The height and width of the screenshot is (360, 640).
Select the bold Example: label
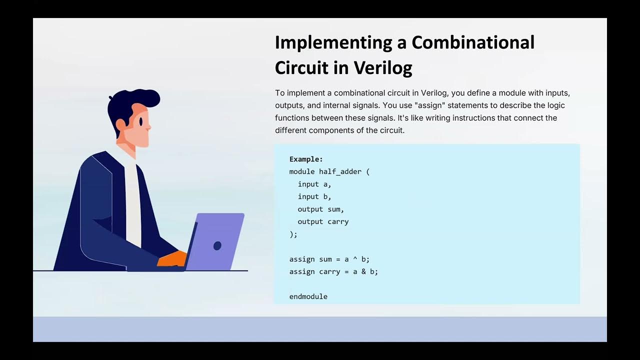pos(306,159)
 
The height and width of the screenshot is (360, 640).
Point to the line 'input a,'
pos(314,184)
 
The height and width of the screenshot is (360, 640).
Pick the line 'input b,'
pos(314,196)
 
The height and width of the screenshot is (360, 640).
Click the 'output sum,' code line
pos(320,209)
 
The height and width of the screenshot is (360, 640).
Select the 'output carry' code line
pos(323,221)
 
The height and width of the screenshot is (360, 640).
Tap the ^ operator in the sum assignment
pos(353,259)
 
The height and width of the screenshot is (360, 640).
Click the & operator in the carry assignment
pos(362,271)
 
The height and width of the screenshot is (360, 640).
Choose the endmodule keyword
pos(308,296)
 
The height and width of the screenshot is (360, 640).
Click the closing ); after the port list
pos(293,234)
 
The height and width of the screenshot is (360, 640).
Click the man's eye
pos(141,121)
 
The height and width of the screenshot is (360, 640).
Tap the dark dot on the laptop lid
pos(217,245)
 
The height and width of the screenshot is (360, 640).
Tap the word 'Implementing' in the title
pos(333,43)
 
